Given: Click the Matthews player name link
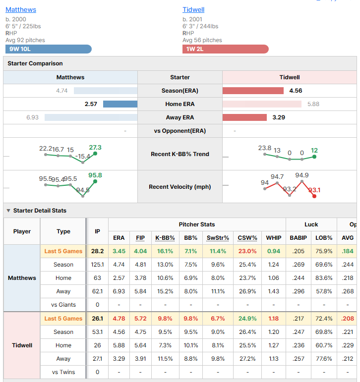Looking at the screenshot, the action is click(x=21, y=10).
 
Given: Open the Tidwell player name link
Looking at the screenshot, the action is click(x=193, y=10).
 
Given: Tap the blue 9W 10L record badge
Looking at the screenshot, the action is click(x=49, y=49).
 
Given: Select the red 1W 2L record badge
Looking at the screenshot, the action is click(x=225, y=49).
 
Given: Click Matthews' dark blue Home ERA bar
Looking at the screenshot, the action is click(x=120, y=104).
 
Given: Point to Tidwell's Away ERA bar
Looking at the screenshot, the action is click(x=244, y=117).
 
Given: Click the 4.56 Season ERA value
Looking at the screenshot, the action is click(x=296, y=91).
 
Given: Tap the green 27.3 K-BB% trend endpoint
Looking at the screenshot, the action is click(x=95, y=154).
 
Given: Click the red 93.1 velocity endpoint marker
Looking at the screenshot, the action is click(x=314, y=196).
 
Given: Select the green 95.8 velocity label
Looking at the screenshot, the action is click(x=95, y=175).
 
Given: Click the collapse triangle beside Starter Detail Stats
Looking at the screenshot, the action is click(x=8, y=211).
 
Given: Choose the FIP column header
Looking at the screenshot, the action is click(x=140, y=238).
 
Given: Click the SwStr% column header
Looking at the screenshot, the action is click(x=218, y=238).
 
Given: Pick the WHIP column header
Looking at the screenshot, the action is click(x=274, y=238).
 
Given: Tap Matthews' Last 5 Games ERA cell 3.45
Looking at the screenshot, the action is click(x=119, y=251).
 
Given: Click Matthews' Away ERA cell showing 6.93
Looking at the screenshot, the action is click(x=119, y=291).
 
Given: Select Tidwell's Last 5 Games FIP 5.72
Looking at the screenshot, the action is click(x=140, y=319).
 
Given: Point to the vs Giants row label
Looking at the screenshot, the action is click(x=63, y=305).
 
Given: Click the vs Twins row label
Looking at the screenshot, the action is click(x=63, y=372).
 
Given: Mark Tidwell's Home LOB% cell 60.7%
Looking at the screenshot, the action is click(x=324, y=345).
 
